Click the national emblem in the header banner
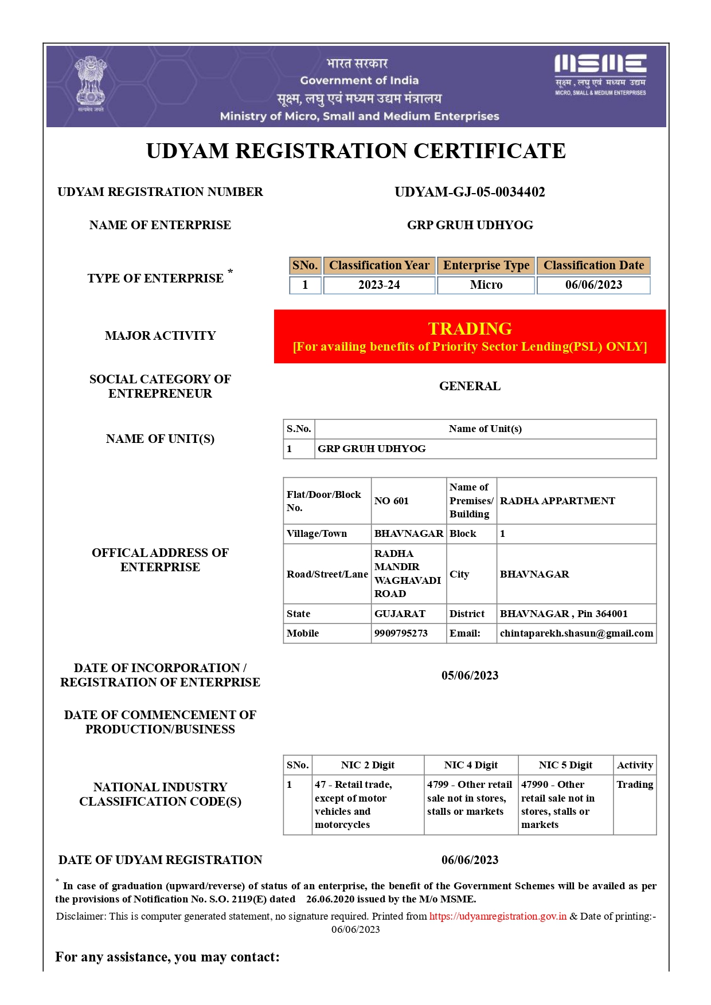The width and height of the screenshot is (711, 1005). [x=91, y=84]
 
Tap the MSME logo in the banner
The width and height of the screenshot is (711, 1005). [x=600, y=74]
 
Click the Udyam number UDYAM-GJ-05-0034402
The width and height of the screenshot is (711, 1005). [x=470, y=192]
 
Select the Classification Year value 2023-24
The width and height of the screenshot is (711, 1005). [x=379, y=285]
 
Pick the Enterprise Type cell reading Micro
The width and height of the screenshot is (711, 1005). [x=486, y=285]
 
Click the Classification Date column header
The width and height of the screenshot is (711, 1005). [x=593, y=265]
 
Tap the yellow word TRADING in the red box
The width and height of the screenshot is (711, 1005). [x=470, y=328]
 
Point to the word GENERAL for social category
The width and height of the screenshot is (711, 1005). [x=470, y=386]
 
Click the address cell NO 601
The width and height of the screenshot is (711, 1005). [x=392, y=501]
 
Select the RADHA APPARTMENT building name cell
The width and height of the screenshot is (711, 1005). [x=557, y=501]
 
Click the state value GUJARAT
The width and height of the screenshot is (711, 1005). [x=400, y=614]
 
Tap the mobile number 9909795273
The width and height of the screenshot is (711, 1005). [x=401, y=633]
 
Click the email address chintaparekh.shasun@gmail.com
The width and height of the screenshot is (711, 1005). [x=576, y=633]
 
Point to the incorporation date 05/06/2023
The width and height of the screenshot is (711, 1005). [x=470, y=676]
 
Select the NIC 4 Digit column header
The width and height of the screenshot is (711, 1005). [x=471, y=765]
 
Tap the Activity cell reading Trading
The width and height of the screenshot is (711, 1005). [x=635, y=784]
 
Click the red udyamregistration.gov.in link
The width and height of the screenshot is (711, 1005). [x=498, y=916]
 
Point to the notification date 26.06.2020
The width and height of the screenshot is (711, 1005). [x=330, y=899]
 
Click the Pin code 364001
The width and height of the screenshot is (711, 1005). [x=611, y=614]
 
